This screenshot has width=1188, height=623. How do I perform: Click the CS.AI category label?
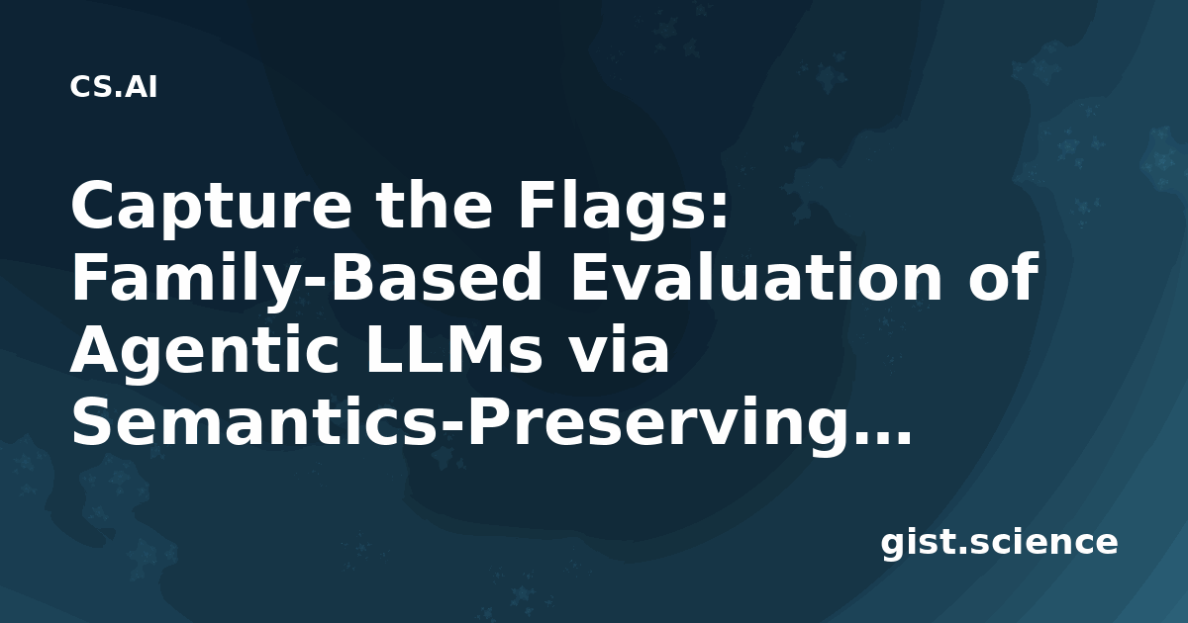[114, 87]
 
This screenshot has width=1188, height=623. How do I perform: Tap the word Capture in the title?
[211, 207]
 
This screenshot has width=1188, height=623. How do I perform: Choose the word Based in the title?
[435, 278]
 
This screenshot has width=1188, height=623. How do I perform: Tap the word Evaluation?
[754, 278]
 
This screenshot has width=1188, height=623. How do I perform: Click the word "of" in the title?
[1002, 278]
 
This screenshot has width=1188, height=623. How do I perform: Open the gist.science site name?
[999, 544]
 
